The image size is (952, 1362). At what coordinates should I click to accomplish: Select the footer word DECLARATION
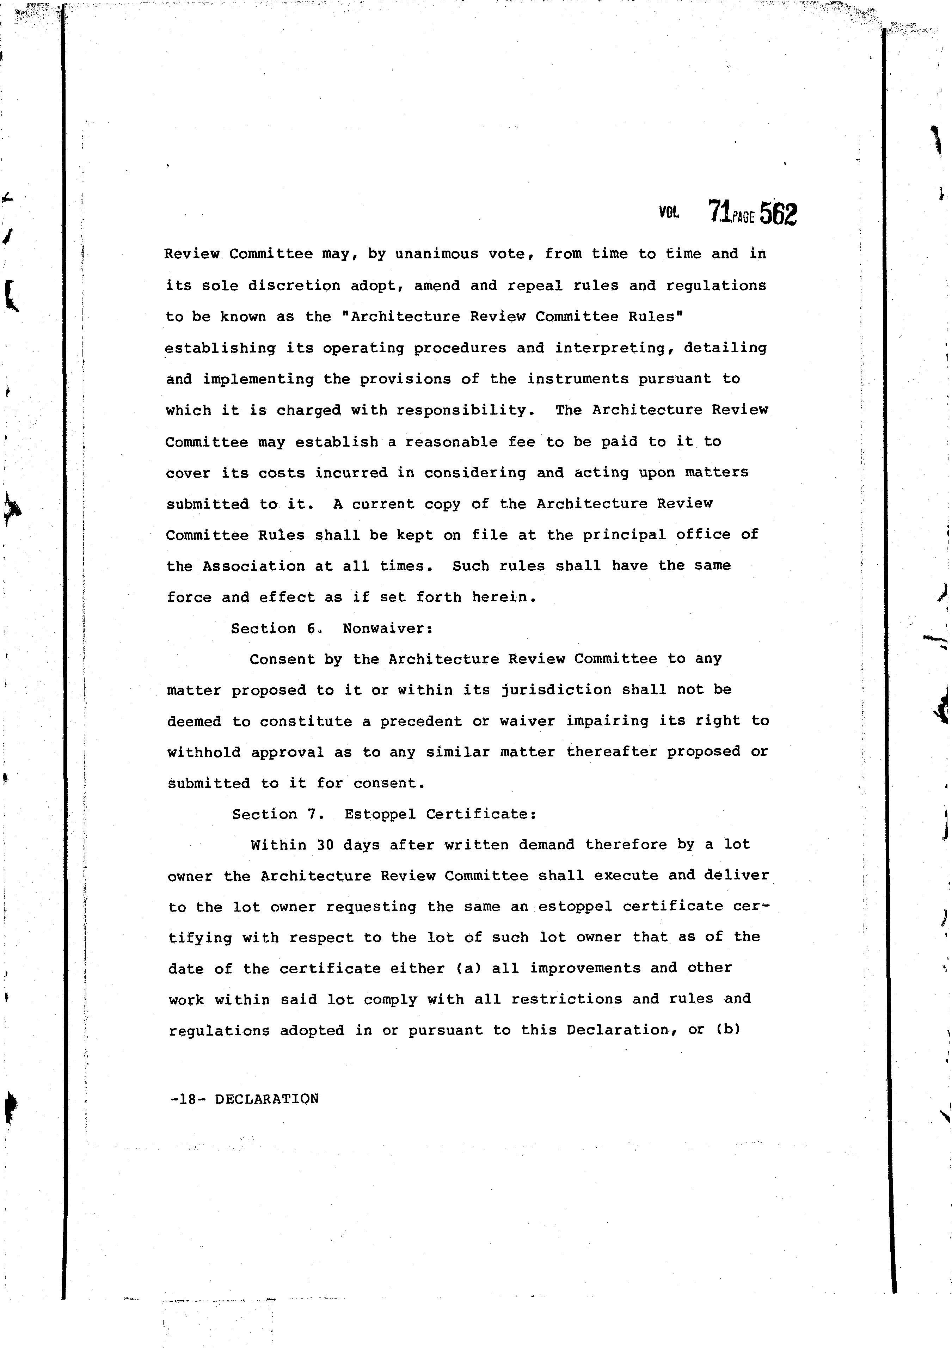[x=267, y=1099]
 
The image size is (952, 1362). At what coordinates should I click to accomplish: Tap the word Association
[x=253, y=566]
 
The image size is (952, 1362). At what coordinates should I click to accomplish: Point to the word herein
[x=504, y=597]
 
